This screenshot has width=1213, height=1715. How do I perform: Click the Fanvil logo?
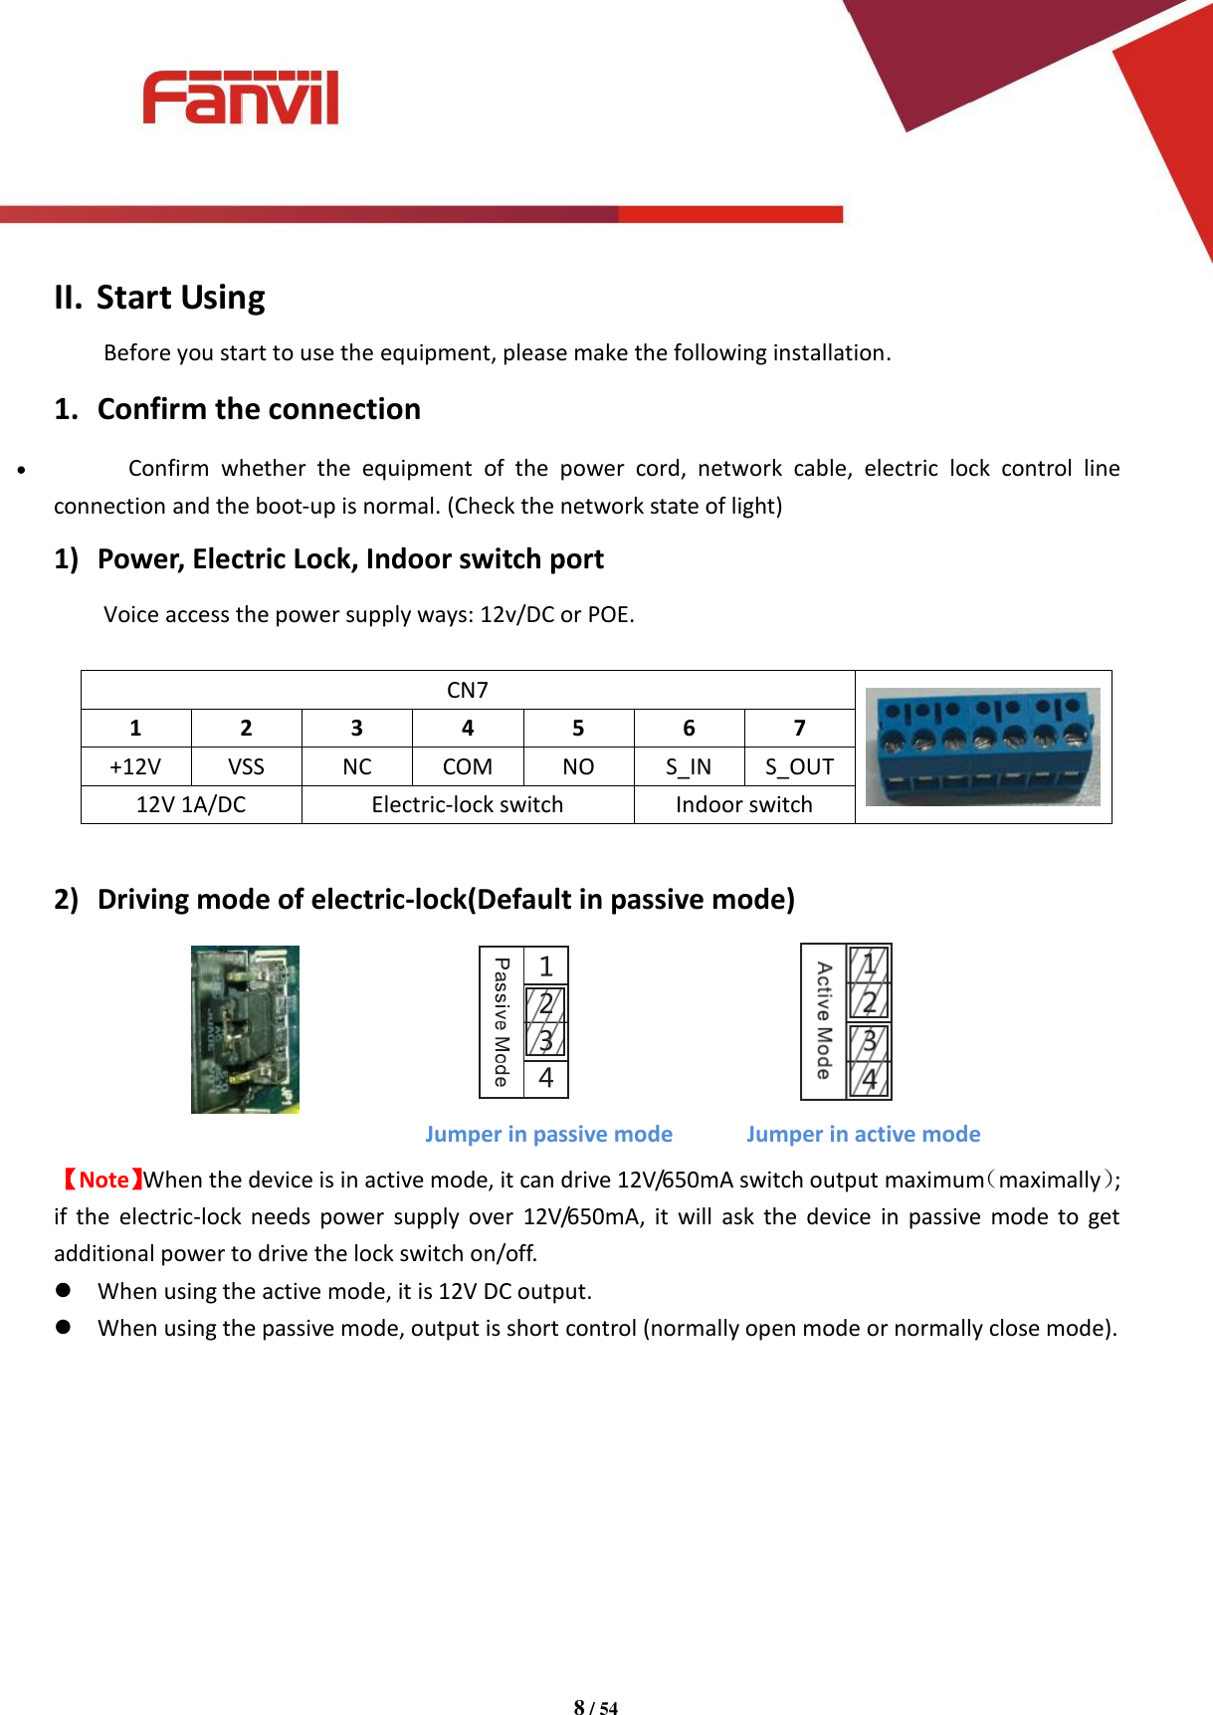pos(240,98)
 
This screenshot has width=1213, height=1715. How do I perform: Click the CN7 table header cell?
pos(467,690)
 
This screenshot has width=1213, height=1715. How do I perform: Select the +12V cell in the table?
pos(135,766)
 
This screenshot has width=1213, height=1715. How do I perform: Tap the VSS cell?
pos(246,766)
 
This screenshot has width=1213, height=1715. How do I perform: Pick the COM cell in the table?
pos(467,766)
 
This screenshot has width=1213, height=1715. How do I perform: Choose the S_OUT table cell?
pos(799,766)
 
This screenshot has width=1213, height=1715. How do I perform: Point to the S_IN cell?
pos(689,766)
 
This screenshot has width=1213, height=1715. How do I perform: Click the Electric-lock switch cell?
pos(467,804)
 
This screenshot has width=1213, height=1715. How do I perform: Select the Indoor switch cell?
pos(743,804)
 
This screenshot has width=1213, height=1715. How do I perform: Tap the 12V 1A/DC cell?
pos(190,804)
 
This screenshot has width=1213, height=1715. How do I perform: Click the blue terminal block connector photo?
pos(982,747)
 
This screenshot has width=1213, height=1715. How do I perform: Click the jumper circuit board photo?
pos(245,1029)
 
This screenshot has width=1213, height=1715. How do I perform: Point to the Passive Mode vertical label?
pos(502,1022)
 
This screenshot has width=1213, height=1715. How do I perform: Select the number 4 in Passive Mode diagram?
pos(545,1078)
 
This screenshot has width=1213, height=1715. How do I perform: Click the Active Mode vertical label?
pos(823,1021)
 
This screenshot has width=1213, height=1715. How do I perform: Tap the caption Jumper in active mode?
pos(863,1134)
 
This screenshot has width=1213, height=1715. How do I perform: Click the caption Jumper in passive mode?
pos(548,1134)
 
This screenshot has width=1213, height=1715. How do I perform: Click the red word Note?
pos(103,1179)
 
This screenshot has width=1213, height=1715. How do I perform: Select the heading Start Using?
pos(180,298)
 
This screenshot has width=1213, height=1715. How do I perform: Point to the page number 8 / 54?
pos(595,1707)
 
